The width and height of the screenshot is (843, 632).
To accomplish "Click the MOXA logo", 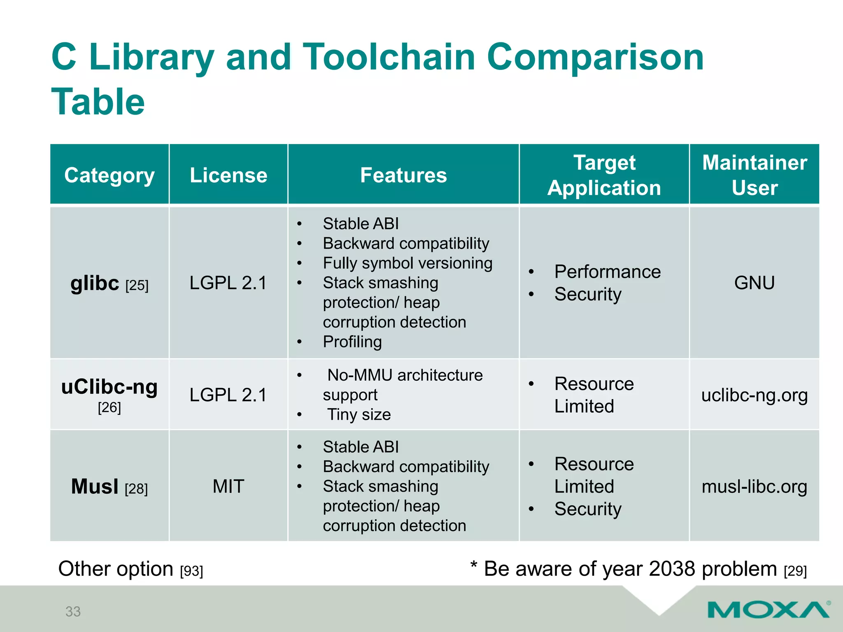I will tap(768, 609).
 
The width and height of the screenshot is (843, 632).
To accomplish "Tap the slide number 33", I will tap(73, 611).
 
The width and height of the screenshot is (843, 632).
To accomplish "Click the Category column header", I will tap(109, 175).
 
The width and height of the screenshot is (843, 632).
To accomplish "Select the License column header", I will tap(228, 175).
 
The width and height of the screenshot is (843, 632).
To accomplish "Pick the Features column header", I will tap(403, 175).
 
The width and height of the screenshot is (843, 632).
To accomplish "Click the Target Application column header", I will tap(604, 175).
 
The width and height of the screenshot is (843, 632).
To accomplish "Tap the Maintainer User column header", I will tap(755, 175).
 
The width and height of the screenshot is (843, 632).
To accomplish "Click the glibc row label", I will tap(95, 283).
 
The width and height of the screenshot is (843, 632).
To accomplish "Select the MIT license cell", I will tap(228, 486).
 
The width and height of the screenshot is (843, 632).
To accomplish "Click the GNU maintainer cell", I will tap(755, 283).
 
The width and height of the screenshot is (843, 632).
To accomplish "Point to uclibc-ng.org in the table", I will tap(755, 395).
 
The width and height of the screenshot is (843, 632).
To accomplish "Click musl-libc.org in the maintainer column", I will tap(755, 487).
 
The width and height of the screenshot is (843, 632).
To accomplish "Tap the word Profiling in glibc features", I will tap(352, 342).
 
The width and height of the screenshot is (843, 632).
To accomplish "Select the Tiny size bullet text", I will tap(359, 414).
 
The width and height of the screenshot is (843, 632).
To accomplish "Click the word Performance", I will tap(607, 272).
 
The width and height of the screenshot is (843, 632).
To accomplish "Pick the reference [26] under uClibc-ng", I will tap(109, 408).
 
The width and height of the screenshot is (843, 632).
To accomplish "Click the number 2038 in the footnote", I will tap(671, 569).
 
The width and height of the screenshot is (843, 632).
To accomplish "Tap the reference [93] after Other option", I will tap(191, 571).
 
